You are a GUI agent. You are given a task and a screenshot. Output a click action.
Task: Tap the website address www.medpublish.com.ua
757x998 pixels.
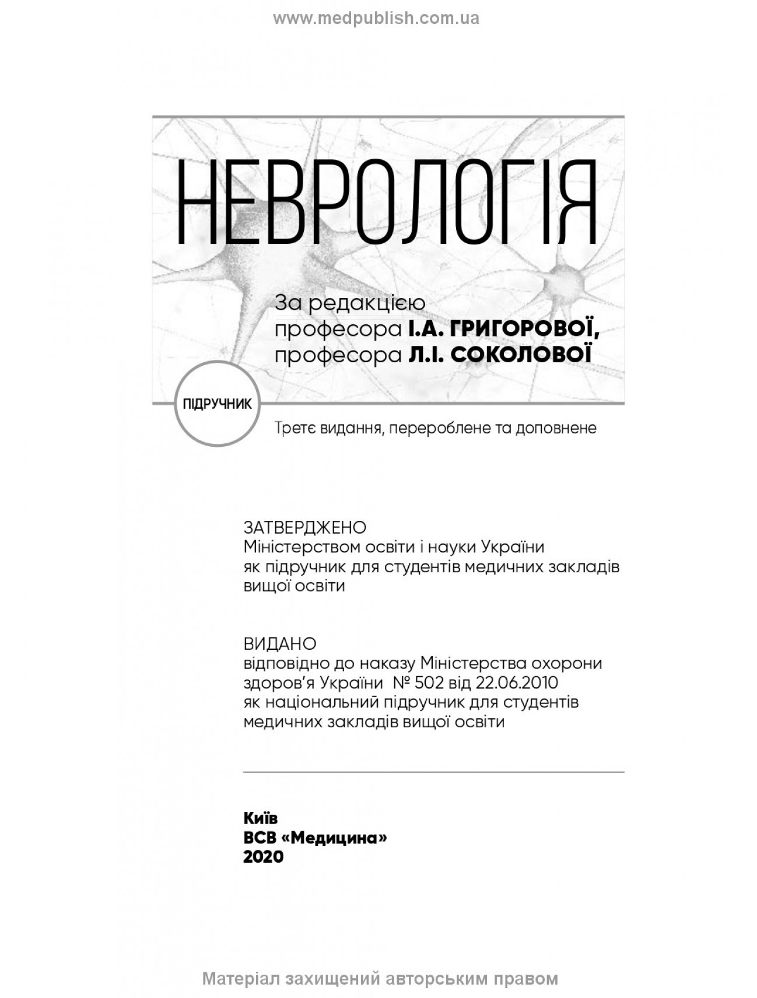click(376, 19)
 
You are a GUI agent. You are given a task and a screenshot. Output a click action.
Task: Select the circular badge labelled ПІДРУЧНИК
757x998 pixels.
click(217, 404)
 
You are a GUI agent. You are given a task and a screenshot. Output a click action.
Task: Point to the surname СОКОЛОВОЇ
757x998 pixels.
click(521, 355)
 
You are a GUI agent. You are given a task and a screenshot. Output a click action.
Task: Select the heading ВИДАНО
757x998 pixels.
click(279, 643)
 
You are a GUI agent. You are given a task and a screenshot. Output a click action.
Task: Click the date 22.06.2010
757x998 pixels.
click(517, 682)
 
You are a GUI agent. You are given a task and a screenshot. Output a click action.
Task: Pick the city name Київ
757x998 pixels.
click(260, 818)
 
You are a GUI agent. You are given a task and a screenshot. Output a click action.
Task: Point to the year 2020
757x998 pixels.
click(263, 857)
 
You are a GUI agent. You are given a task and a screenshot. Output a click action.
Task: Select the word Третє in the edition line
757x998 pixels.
click(295, 428)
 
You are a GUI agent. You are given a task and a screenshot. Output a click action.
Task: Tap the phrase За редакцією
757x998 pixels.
click(350, 303)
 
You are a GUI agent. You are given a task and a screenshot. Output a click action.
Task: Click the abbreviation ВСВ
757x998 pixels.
click(260, 838)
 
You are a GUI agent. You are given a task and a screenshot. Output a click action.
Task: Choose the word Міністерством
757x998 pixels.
click(301, 547)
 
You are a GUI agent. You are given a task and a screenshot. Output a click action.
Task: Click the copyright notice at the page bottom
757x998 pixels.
click(380, 978)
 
